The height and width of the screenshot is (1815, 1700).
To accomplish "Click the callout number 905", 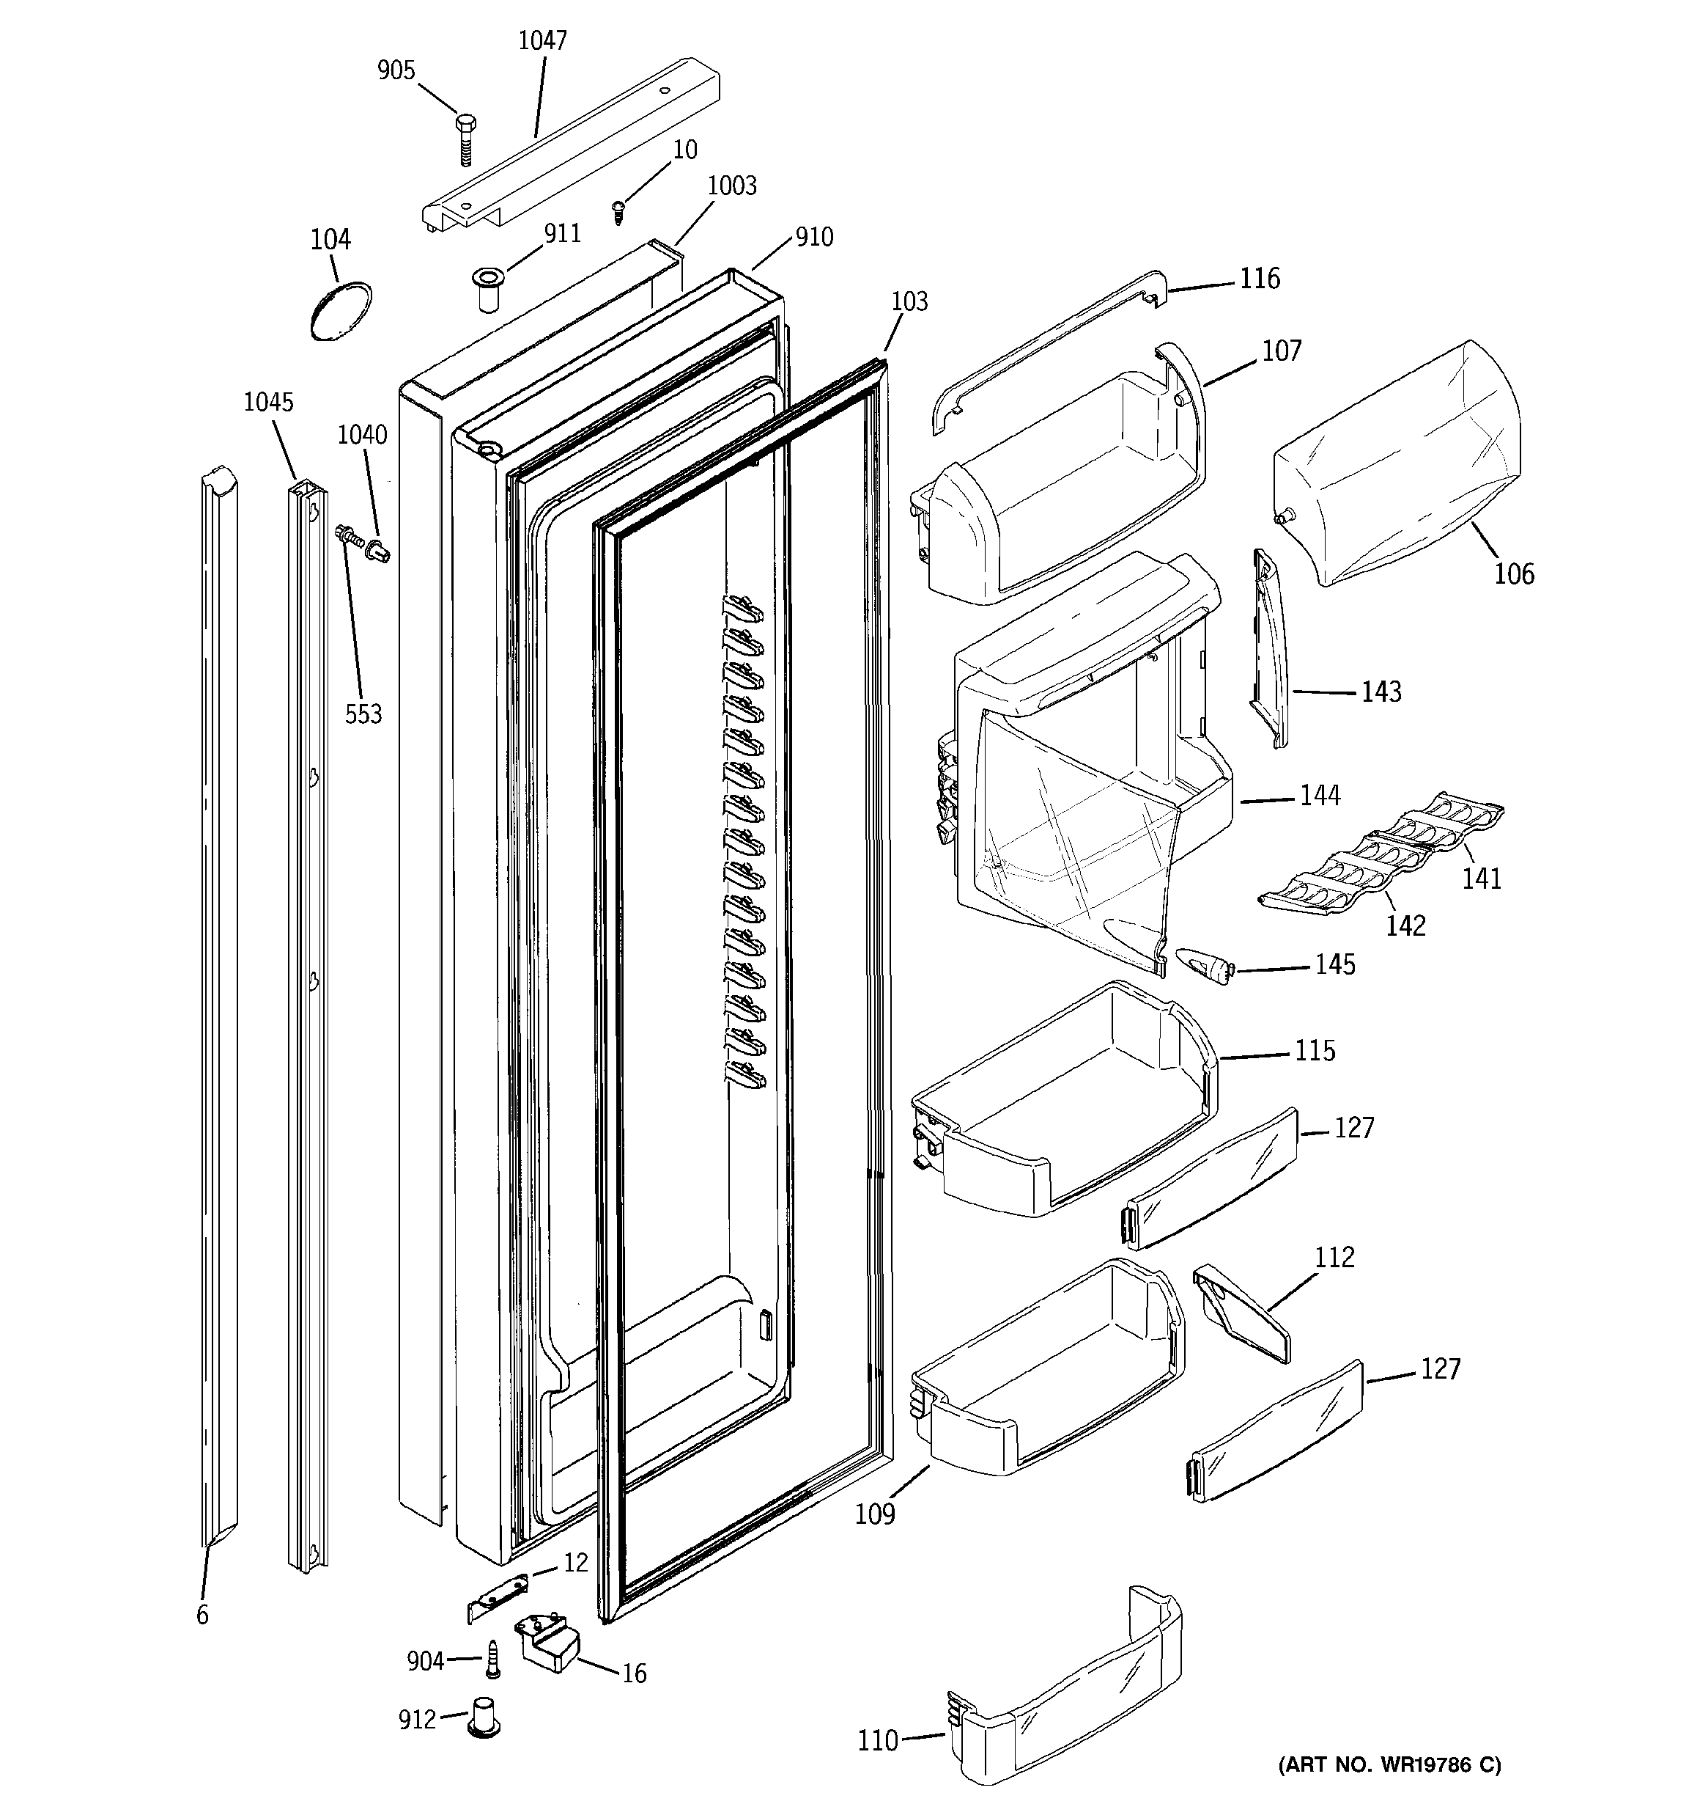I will [396, 71].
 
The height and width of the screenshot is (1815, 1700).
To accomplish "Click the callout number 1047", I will [542, 41].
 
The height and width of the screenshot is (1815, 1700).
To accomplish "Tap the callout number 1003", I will [732, 186].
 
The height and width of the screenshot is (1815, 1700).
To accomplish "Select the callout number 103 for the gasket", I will [909, 302].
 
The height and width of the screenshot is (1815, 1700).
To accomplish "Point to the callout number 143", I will [1381, 693].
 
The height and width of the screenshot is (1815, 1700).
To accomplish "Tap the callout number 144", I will [1320, 796].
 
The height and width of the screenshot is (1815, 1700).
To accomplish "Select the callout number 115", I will [1315, 1052].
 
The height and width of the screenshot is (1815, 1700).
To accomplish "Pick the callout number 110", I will [878, 1741].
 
